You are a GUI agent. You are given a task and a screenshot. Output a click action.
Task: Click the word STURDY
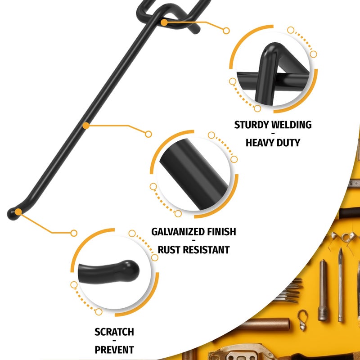(x=252, y=125)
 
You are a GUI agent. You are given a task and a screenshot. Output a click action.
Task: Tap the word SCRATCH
(x=114, y=332)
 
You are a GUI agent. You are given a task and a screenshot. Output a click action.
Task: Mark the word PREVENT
(x=114, y=350)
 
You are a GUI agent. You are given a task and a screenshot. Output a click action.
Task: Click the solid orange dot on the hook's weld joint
(x=164, y=22)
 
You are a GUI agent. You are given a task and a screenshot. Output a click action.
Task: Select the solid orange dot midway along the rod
(x=86, y=126)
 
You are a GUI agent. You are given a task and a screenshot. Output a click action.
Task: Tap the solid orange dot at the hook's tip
(x=18, y=211)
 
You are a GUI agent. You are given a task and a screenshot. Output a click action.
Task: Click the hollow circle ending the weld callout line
(x=226, y=31)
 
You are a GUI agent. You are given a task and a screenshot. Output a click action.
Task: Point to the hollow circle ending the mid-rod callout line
(x=148, y=134)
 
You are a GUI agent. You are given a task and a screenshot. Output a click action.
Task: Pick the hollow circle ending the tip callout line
(x=74, y=233)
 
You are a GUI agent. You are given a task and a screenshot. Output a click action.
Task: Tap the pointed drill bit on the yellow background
(x=340, y=285)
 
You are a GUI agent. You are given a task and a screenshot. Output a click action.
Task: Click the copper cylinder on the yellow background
(x=264, y=324)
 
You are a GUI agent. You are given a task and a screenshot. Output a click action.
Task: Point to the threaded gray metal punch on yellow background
(x=322, y=290)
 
